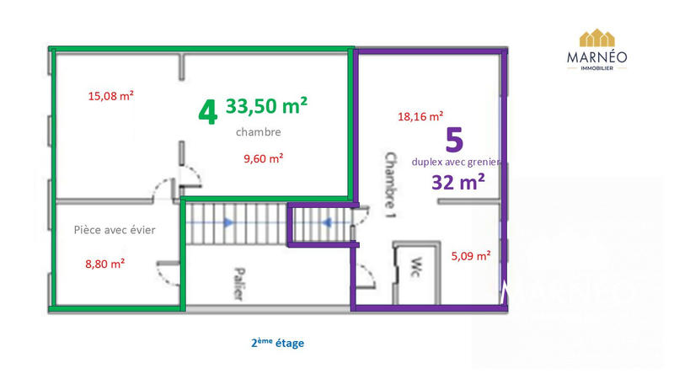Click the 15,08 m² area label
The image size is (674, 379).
[x=111, y=95]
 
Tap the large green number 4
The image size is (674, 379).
[x=207, y=111]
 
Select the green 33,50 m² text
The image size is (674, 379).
[x=266, y=106]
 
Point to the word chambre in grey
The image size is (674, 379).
[x=258, y=132]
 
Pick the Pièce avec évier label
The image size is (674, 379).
[x=115, y=229]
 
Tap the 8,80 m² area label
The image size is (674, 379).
[x=104, y=263]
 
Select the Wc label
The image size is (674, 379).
[x=415, y=269]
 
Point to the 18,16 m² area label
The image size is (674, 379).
[x=420, y=117]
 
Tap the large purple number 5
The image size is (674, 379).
[x=456, y=139]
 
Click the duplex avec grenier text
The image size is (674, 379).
[x=457, y=162]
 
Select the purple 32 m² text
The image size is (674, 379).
[x=458, y=183]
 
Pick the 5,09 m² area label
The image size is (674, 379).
[x=471, y=256]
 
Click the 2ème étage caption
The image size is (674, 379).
[x=277, y=343]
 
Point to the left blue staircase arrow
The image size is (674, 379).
[x=227, y=222]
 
